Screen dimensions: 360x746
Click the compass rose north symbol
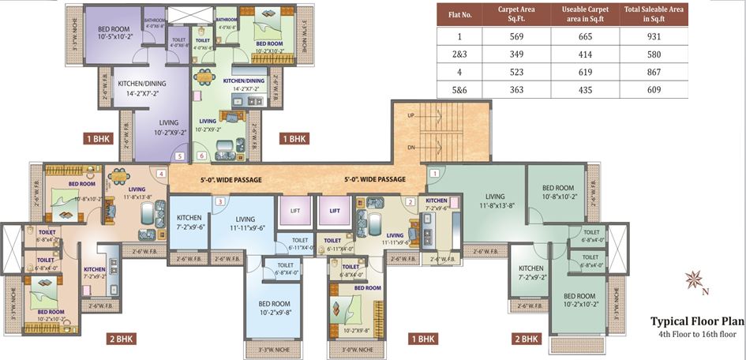[695, 279]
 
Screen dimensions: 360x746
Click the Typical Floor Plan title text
[697, 321]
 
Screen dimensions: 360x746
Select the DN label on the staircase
[410, 148]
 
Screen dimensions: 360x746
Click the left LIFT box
[295, 211]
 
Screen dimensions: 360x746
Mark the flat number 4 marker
[160, 174]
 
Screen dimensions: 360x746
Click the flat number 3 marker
[219, 201]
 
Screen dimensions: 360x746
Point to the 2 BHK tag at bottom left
[122, 339]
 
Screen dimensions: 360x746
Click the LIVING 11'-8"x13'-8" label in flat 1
[495, 201]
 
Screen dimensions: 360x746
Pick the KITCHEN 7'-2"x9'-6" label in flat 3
[189, 222]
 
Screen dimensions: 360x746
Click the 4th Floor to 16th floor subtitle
[697, 335]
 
